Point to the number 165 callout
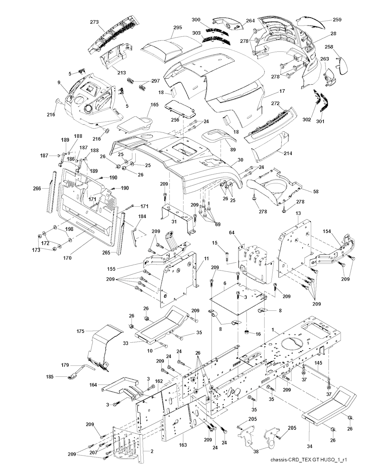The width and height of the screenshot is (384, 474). (144, 105)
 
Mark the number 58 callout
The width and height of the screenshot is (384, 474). (316, 191)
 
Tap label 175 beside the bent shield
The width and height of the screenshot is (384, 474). (80, 331)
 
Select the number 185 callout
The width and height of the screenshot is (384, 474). (49, 376)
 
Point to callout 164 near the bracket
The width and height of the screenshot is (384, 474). (93, 385)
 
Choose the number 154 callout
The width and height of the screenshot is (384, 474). (326, 232)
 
